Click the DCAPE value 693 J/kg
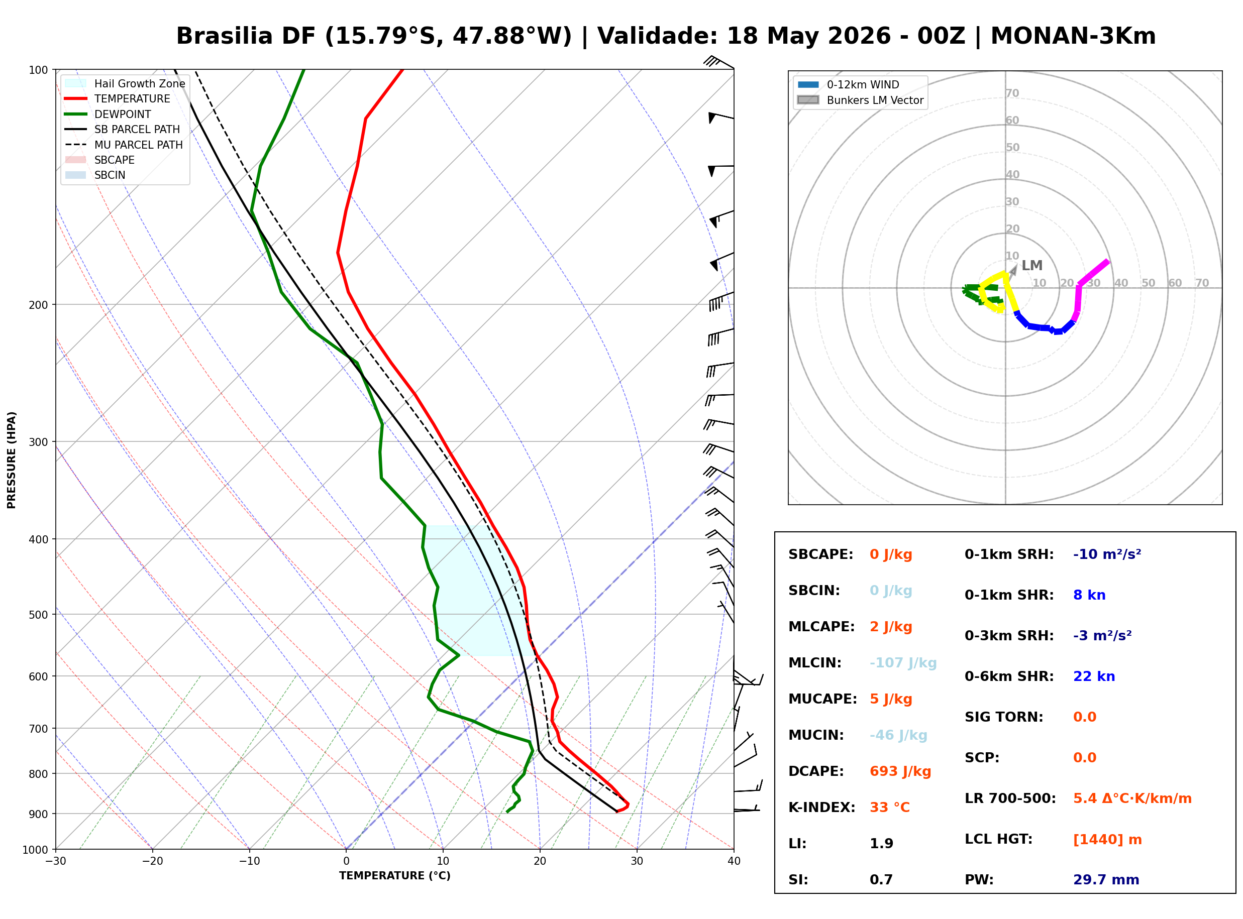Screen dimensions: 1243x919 click(900, 771)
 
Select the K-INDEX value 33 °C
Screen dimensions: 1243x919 click(889, 807)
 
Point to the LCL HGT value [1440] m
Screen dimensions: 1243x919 click(1107, 840)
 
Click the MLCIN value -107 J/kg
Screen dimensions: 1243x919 click(903, 662)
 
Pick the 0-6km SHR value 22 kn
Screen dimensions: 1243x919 click(1094, 676)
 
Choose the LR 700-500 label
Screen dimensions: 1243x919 click(1010, 798)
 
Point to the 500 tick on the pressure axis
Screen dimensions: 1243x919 click(39, 615)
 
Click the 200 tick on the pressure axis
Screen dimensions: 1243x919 click(39, 305)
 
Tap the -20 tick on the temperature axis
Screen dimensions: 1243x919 click(152, 861)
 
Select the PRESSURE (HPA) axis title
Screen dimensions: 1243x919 click(12, 460)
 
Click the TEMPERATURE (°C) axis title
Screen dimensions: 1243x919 click(395, 876)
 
